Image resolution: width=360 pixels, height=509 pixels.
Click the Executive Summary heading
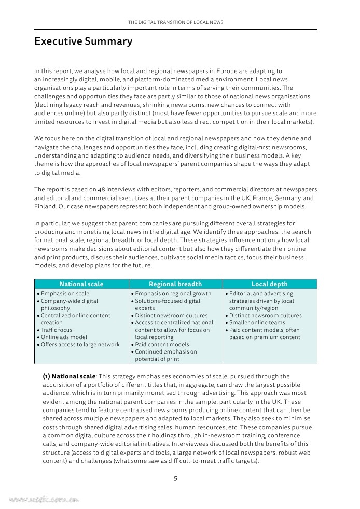point(83,41)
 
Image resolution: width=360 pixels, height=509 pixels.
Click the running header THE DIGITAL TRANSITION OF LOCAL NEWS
point(175,23)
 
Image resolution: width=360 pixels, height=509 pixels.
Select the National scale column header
point(81,284)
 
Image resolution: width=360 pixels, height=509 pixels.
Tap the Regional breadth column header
point(175,284)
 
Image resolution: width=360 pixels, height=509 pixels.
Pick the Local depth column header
point(269,284)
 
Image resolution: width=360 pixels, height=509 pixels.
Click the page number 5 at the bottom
point(175,478)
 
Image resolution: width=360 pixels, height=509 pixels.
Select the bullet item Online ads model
point(64,337)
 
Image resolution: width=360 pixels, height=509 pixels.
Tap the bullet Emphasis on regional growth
point(173,293)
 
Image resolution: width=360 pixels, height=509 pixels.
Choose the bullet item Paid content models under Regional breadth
point(162,344)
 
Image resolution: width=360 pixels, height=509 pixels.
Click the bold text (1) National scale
point(69,376)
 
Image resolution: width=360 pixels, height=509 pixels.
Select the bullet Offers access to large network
point(80,344)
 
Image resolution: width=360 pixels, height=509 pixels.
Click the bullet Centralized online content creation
point(75,319)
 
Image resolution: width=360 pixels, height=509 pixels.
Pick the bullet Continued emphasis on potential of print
point(165,355)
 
